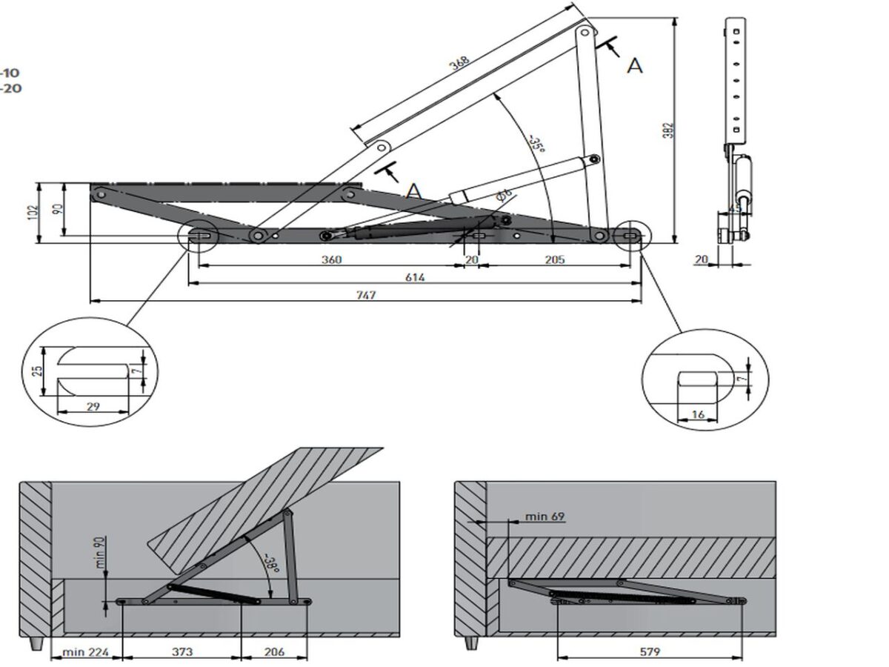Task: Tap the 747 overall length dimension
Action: [x=366, y=295]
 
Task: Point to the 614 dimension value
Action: [x=414, y=277]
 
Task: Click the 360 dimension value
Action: [x=331, y=259]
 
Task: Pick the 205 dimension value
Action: [x=554, y=259]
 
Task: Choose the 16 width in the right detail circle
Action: [x=698, y=415]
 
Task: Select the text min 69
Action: [x=545, y=516]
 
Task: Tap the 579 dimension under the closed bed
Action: [x=648, y=652]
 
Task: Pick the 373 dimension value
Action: [x=182, y=652]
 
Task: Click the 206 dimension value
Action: [x=273, y=652]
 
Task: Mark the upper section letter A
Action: [x=635, y=66]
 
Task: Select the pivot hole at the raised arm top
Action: [x=585, y=33]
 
